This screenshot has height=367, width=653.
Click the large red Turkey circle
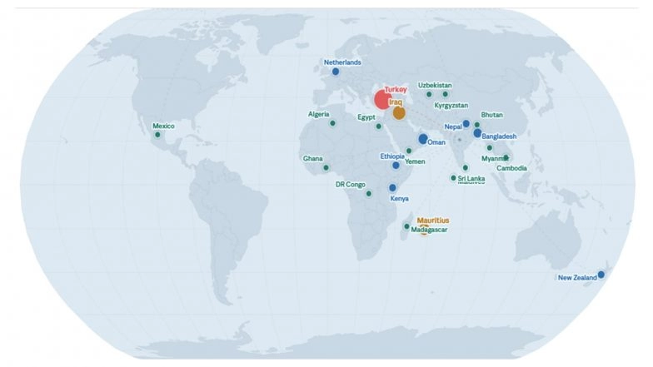(x=382, y=100)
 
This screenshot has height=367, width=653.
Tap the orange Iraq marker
(x=399, y=112)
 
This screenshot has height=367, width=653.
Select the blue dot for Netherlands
(x=336, y=72)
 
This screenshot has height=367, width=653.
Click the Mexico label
(x=163, y=126)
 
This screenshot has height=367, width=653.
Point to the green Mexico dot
(x=157, y=135)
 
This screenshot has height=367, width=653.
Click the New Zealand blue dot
(x=601, y=275)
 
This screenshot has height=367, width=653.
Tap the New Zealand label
(x=576, y=278)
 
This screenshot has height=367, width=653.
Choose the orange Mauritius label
(x=432, y=221)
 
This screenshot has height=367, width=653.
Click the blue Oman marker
(x=423, y=139)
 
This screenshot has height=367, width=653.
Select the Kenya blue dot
(x=392, y=188)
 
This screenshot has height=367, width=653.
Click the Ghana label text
(x=312, y=158)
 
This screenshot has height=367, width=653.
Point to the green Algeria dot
(x=332, y=123)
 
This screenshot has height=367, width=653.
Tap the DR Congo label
(x=351, y=185)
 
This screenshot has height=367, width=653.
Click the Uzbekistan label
(x=435, y=85)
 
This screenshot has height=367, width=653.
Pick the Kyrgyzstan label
(x=451, y=106)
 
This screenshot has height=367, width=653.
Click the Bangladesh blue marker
(x=477, y=133)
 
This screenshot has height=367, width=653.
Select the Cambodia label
(x=511, y=168)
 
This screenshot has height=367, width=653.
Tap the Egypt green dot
(x=378, y=126)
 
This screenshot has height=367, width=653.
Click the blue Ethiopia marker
(x=396, y=166)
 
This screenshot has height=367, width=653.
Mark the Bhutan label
(x=491, y=115)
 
